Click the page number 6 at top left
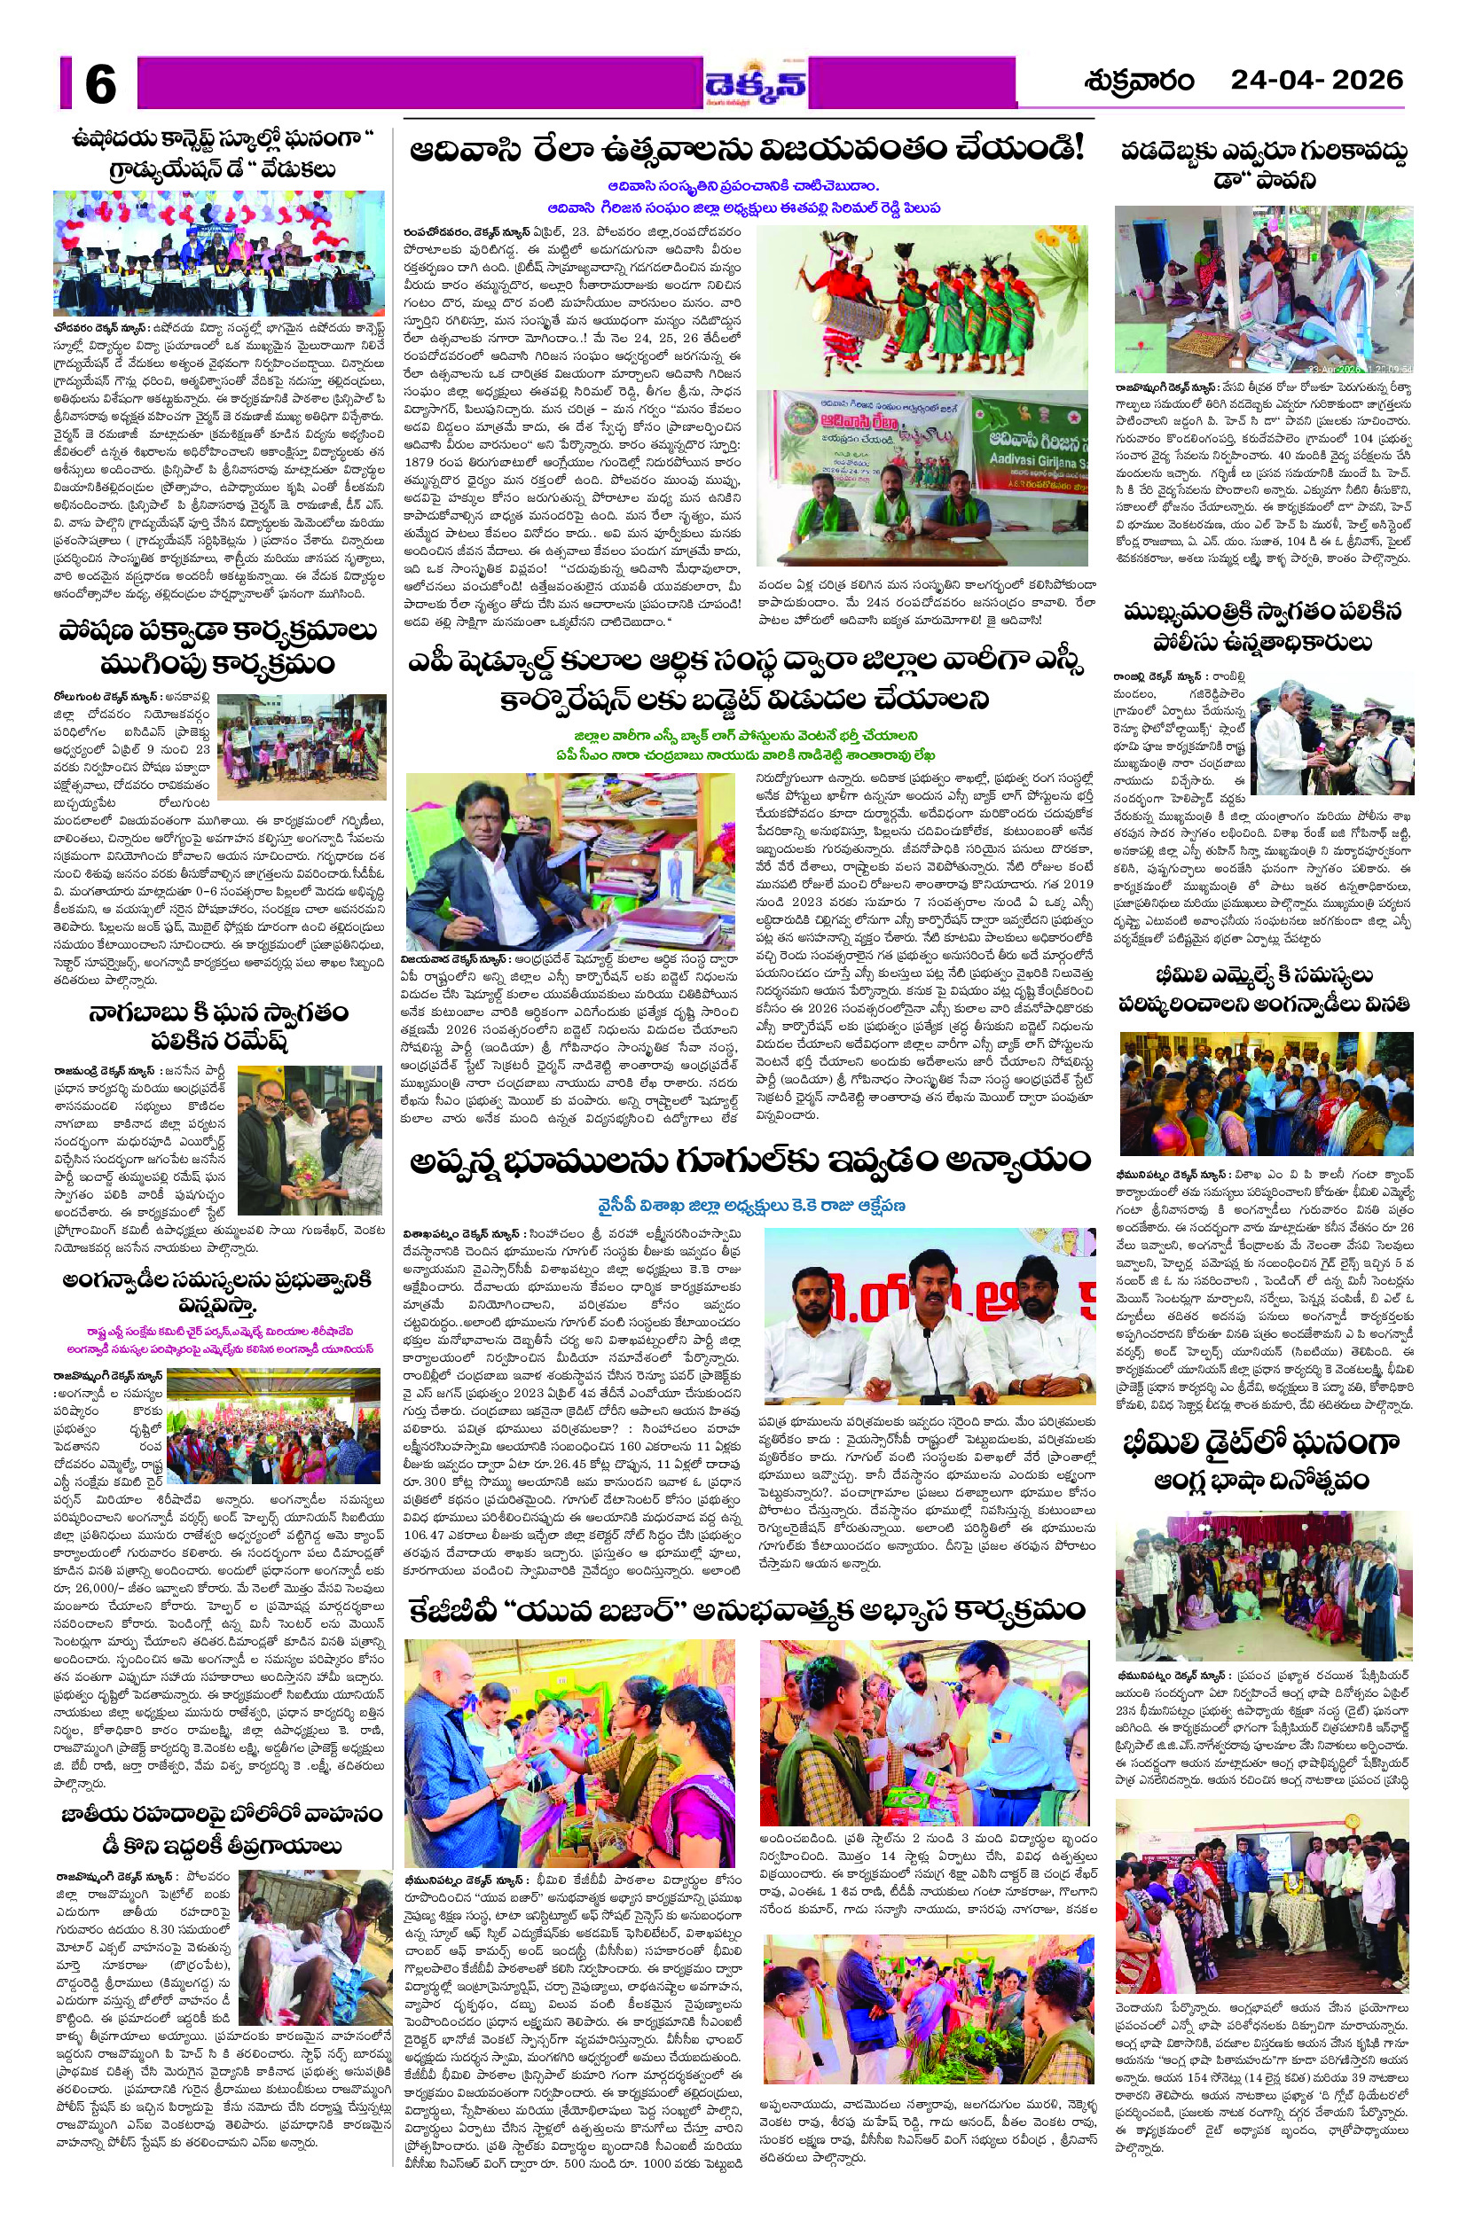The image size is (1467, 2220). coord(100,84)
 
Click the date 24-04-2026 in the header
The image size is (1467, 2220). coord(1316,81)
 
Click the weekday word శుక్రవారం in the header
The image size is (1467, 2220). coord(1139,82)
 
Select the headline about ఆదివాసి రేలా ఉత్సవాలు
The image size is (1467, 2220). coord(746,148)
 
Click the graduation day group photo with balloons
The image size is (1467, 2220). coord(219,253)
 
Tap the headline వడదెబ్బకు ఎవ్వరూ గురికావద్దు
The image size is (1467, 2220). coord(1265,165)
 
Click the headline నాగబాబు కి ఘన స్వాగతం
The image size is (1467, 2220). coord(219,1027)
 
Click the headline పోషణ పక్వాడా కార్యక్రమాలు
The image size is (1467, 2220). coord(219,647)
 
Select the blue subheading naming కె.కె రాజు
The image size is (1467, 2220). coord(751,1207)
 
